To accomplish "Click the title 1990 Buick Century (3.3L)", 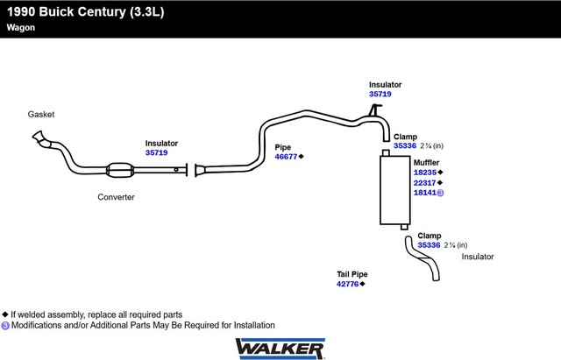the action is click(86, 11).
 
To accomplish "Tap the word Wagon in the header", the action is click(21, 28).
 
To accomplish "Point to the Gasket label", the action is click(41, 115).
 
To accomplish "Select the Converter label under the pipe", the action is click(116, 197).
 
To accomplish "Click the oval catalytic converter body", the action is click(120, 170).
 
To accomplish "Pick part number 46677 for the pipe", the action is click(286, 157).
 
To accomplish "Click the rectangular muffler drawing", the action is click(395, 190).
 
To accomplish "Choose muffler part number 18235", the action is click(425, 173).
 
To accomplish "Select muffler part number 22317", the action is click(424, 183).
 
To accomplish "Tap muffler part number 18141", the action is click(425, 193).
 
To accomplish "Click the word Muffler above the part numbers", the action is click(427, 163).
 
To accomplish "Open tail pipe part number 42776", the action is click(347, 284).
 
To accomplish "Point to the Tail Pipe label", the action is click(352, 274).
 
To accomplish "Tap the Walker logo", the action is click(280, 349).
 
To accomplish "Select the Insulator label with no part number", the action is click(478, 257).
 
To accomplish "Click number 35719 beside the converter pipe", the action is click(156, 152).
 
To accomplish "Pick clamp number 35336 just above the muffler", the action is click(405, 146).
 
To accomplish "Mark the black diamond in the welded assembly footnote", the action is click(5, 314).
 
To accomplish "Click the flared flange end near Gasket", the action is click(39, 137).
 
